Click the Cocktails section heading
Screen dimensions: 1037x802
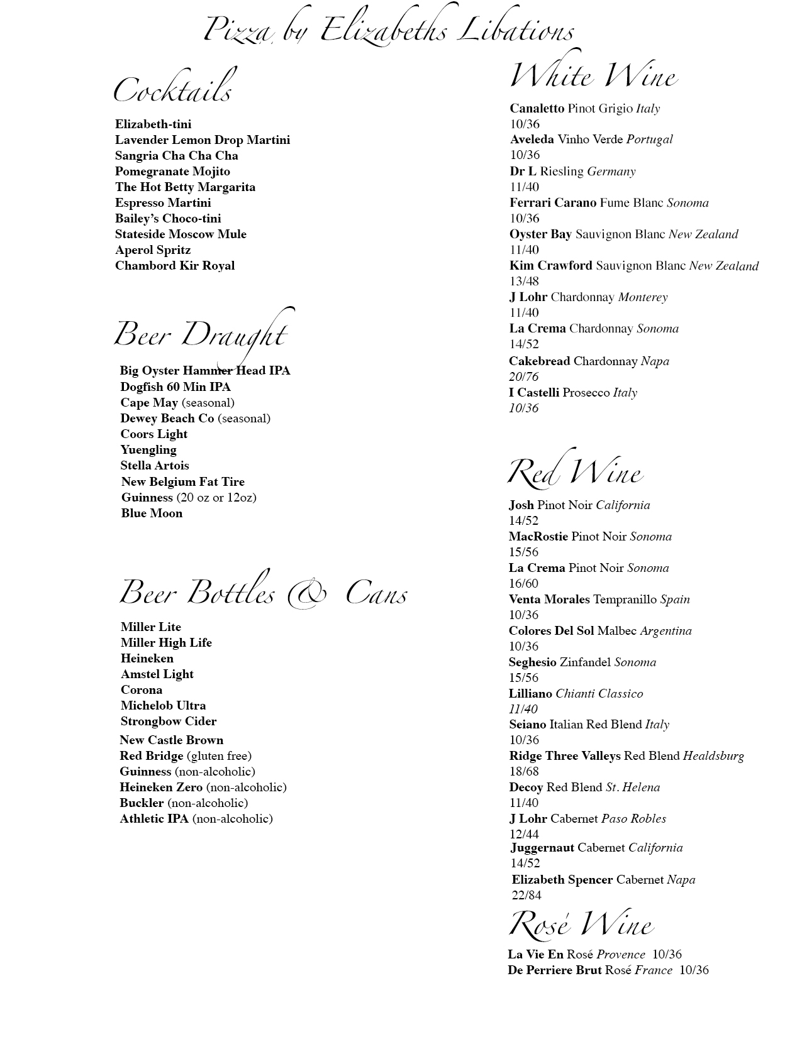click(173, 89)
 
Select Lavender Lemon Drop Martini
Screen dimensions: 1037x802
click(202, 140)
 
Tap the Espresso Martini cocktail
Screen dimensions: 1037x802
click(163, 203)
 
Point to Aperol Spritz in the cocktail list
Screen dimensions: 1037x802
click(153, 250)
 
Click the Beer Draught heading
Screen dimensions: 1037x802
click(201, 334)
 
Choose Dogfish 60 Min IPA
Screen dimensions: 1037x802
click(175, 387)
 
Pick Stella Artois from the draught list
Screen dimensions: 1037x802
click(155, 466)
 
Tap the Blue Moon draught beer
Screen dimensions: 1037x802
click(152, 513)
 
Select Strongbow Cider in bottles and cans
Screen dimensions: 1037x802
click(169, 722)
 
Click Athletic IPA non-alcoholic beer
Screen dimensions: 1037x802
click(196, 819)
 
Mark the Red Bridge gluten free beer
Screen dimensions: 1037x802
click(186, 756)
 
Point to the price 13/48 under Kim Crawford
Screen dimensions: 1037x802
click(524, 282)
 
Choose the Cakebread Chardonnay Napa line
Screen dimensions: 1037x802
click(589, 361)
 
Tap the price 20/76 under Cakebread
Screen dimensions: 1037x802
click(524, 377)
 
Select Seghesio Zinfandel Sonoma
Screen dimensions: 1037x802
click(582, 662)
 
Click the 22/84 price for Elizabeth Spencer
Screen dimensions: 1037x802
click(526, 896)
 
